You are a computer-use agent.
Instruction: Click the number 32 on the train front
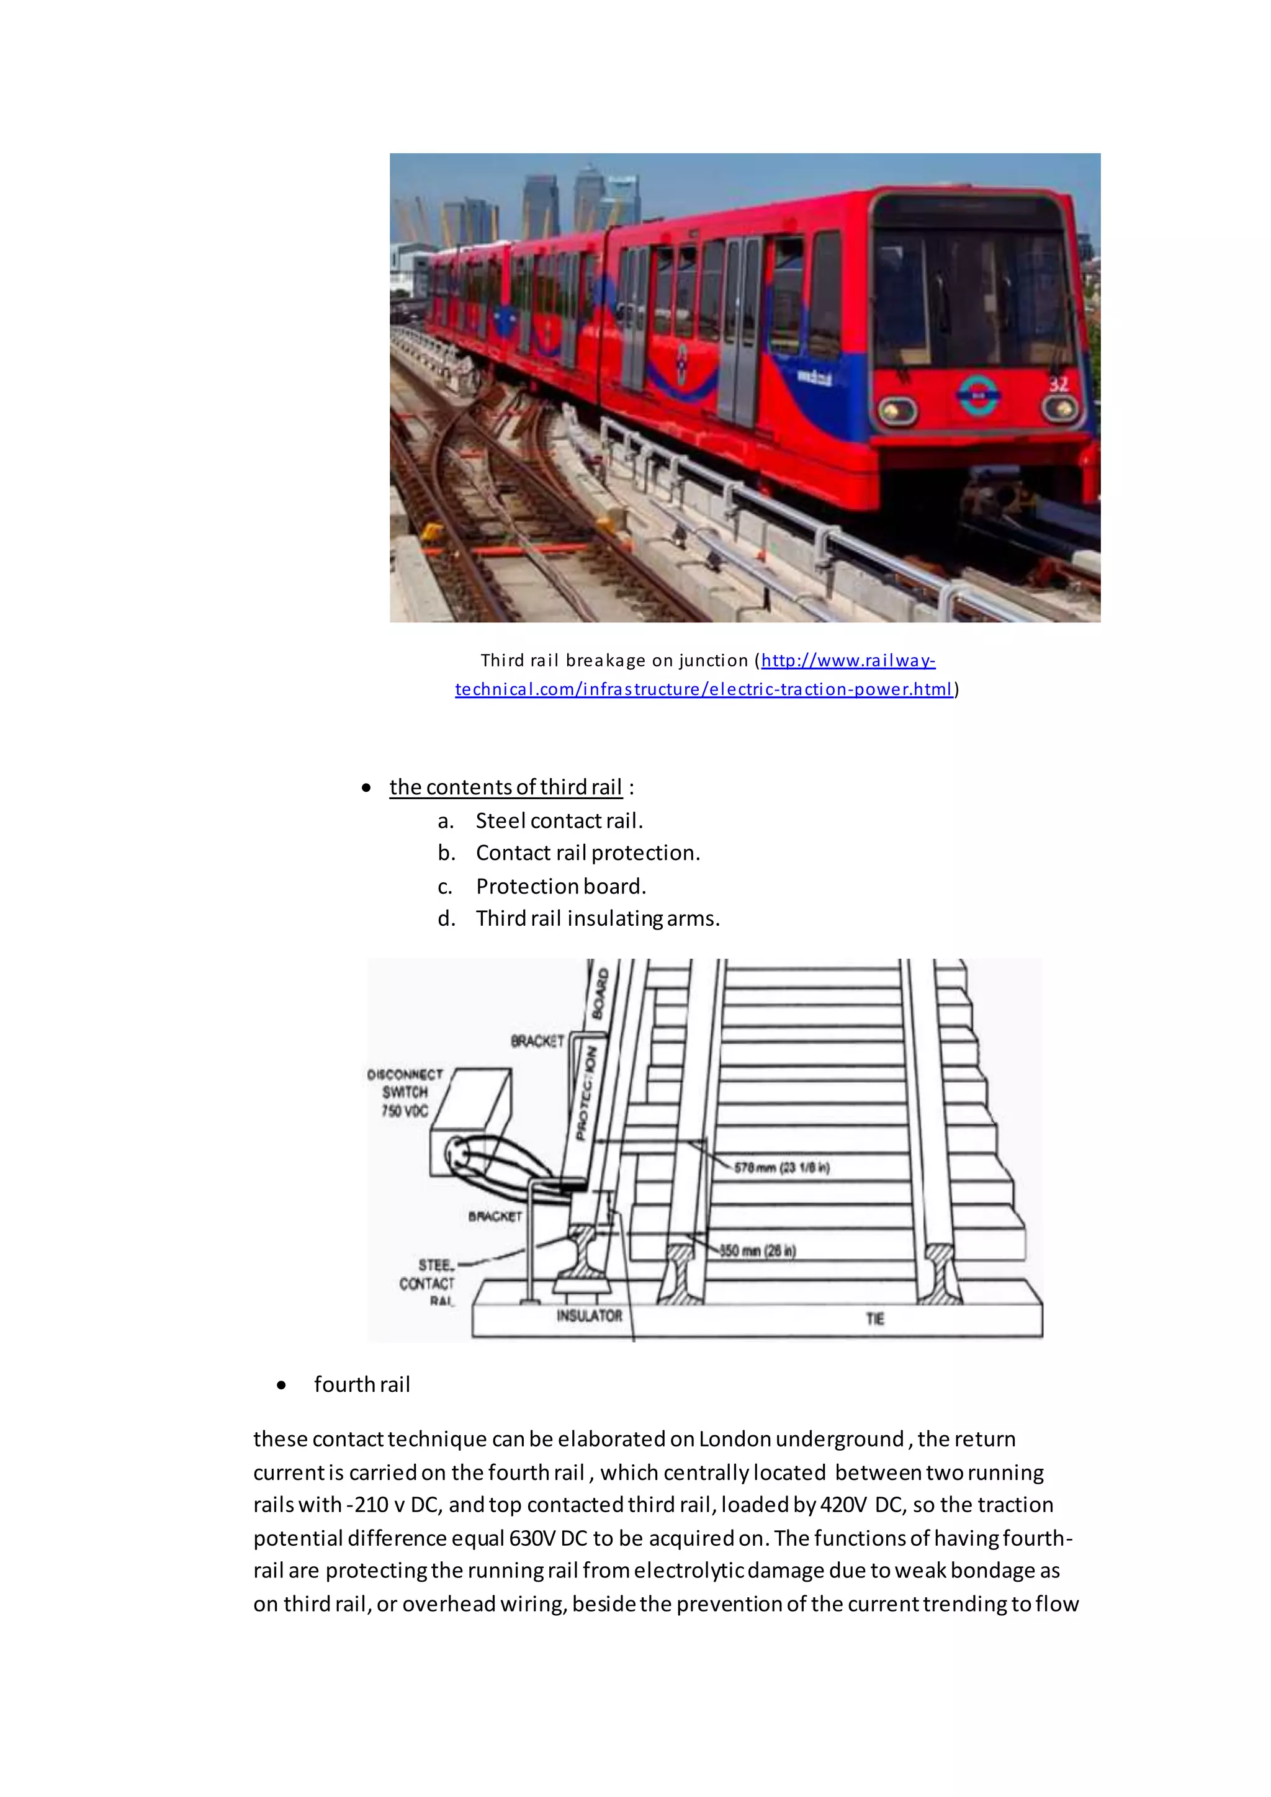(x=1058, y=384)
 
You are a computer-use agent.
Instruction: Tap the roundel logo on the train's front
(x=977, y=395)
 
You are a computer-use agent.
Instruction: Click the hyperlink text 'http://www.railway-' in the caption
(x=848, y=661)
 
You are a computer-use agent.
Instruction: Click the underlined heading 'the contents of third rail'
(x=506, y=787)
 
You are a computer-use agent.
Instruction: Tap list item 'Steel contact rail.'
(x=559, y=821)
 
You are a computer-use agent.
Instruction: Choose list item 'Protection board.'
(x=560, y=887)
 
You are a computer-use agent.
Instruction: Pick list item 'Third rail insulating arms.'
(x=597, y=919)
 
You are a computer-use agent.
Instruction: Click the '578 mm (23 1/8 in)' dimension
(x=781, y=1168)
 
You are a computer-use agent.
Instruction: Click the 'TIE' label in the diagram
(x=874, y=1319)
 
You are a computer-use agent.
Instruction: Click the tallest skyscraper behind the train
(x=590, y=195)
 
